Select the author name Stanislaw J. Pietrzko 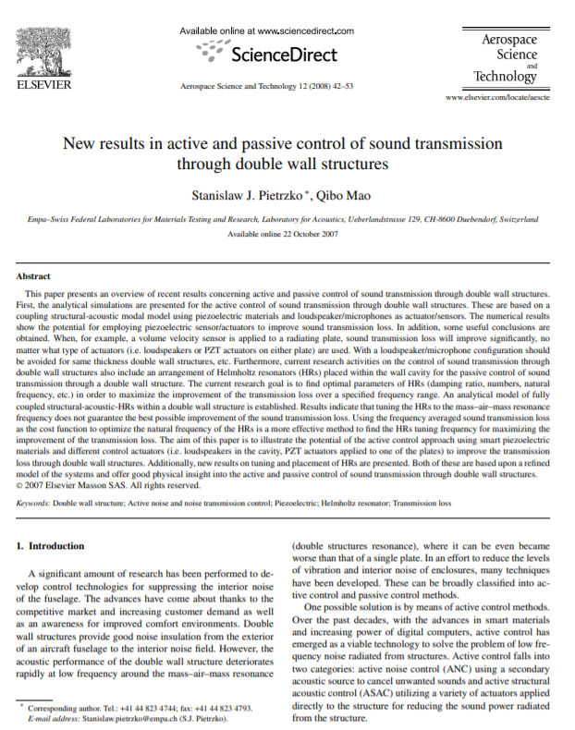[x=240, y=194]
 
